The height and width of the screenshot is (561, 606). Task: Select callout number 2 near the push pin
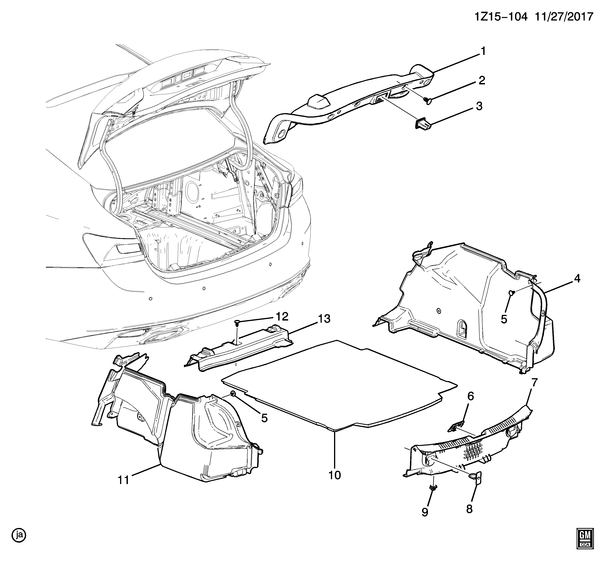tap(482, 80)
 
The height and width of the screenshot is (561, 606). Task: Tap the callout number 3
tap(479, 106)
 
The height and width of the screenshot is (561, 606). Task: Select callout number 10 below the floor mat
tap(334, 475)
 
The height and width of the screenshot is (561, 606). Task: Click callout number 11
tap(124, 480)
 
